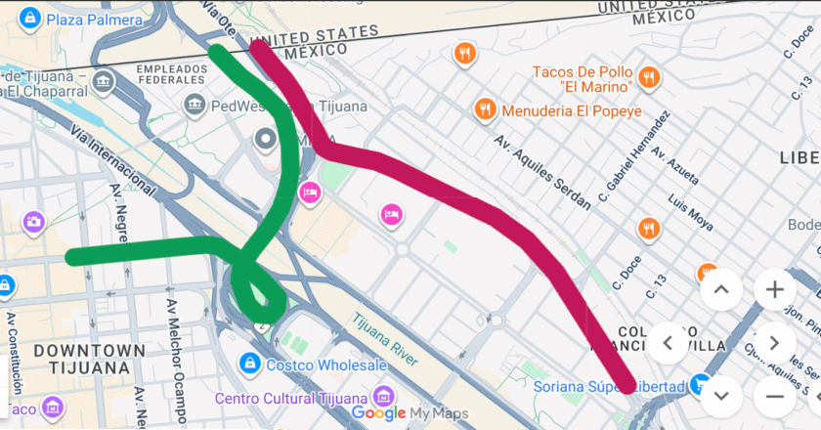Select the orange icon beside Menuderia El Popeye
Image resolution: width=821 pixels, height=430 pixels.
click(x=483, y=109)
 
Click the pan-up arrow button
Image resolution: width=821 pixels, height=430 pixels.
click(x=721, y=289)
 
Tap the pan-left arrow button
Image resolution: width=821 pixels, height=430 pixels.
click(x=670, y=342)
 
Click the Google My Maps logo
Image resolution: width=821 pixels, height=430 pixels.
click(x=410, y=413)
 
